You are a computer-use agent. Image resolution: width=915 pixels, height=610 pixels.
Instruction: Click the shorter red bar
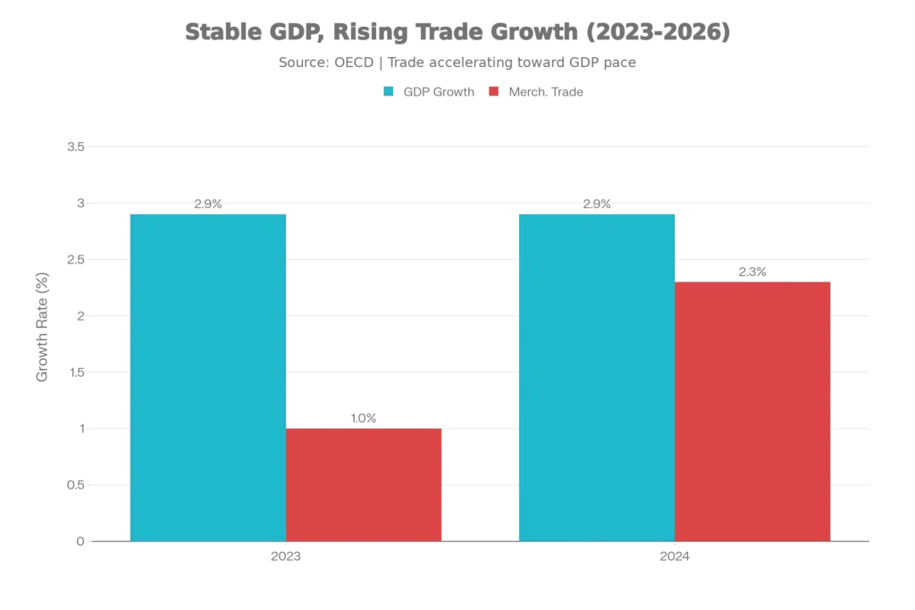[x=364, y=484]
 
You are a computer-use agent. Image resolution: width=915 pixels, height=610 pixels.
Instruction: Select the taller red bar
[x=753, y=410]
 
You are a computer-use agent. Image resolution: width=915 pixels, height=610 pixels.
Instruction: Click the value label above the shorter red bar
[x=364, y=416]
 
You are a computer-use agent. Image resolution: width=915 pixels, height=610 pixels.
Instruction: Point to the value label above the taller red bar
[x=753, y=270]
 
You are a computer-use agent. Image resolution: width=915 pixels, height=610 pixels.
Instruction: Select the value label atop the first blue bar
[x=207, y=204]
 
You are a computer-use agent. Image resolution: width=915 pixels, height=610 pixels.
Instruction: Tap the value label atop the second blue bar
[x=597, y=204]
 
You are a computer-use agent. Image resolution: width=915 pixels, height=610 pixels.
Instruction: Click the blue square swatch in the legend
[x=388, y=92]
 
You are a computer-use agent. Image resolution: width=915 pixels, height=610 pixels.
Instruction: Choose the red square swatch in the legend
[x=493, y=92]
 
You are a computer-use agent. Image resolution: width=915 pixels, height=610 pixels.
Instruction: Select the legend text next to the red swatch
[x=546, y=92]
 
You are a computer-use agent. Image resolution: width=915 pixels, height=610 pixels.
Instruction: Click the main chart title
[x=457, y=33]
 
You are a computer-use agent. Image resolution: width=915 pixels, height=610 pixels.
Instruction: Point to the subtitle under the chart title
[x=457, y=63]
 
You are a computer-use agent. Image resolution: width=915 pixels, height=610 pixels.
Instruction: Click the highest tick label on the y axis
[x=75, y=146]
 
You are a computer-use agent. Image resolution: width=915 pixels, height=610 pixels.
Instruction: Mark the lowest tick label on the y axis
[x=78, y=541]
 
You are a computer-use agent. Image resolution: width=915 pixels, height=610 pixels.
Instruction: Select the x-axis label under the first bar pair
[x=286, y=558]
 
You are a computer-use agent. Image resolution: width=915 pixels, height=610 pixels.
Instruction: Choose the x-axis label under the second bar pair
[x=675, y=558]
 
